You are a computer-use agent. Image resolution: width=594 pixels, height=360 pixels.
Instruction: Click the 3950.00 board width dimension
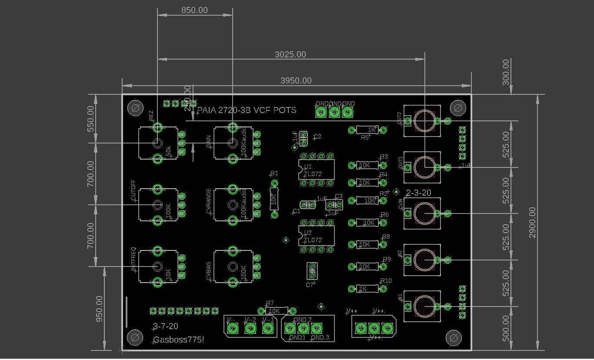(x=296, y=80)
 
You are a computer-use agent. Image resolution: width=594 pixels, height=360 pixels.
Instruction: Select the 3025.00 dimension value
(x=290, y=54)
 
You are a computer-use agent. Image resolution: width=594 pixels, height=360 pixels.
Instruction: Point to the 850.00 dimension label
(x=194, y=10)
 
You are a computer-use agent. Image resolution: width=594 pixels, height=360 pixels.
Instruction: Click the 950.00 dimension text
(x=99, y=309)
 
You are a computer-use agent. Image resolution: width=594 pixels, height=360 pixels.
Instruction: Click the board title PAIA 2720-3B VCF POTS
(x=247, y=110)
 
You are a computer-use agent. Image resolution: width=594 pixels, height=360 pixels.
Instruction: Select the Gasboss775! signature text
(x=179, y=339)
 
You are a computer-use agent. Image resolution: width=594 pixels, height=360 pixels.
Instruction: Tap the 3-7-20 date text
(x=166, y=326)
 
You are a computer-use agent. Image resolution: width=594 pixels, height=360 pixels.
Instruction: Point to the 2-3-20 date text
(x=418, y=193)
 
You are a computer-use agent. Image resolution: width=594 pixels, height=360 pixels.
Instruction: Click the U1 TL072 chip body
(x=317, y=170)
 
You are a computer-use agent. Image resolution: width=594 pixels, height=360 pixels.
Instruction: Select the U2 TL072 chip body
(x=317, y=236)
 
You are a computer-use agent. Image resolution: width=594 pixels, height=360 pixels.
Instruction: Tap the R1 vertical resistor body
(x=274, y=200)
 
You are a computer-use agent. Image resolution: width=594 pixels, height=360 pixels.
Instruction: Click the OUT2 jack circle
(x=424, y=121)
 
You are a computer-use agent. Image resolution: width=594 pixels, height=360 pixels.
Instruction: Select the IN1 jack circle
(x=424, y=307)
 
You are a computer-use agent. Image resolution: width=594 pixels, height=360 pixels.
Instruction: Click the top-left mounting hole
(x=135, y=108)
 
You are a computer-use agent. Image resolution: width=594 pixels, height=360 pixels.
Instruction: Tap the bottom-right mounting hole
(x=454, y=337)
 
